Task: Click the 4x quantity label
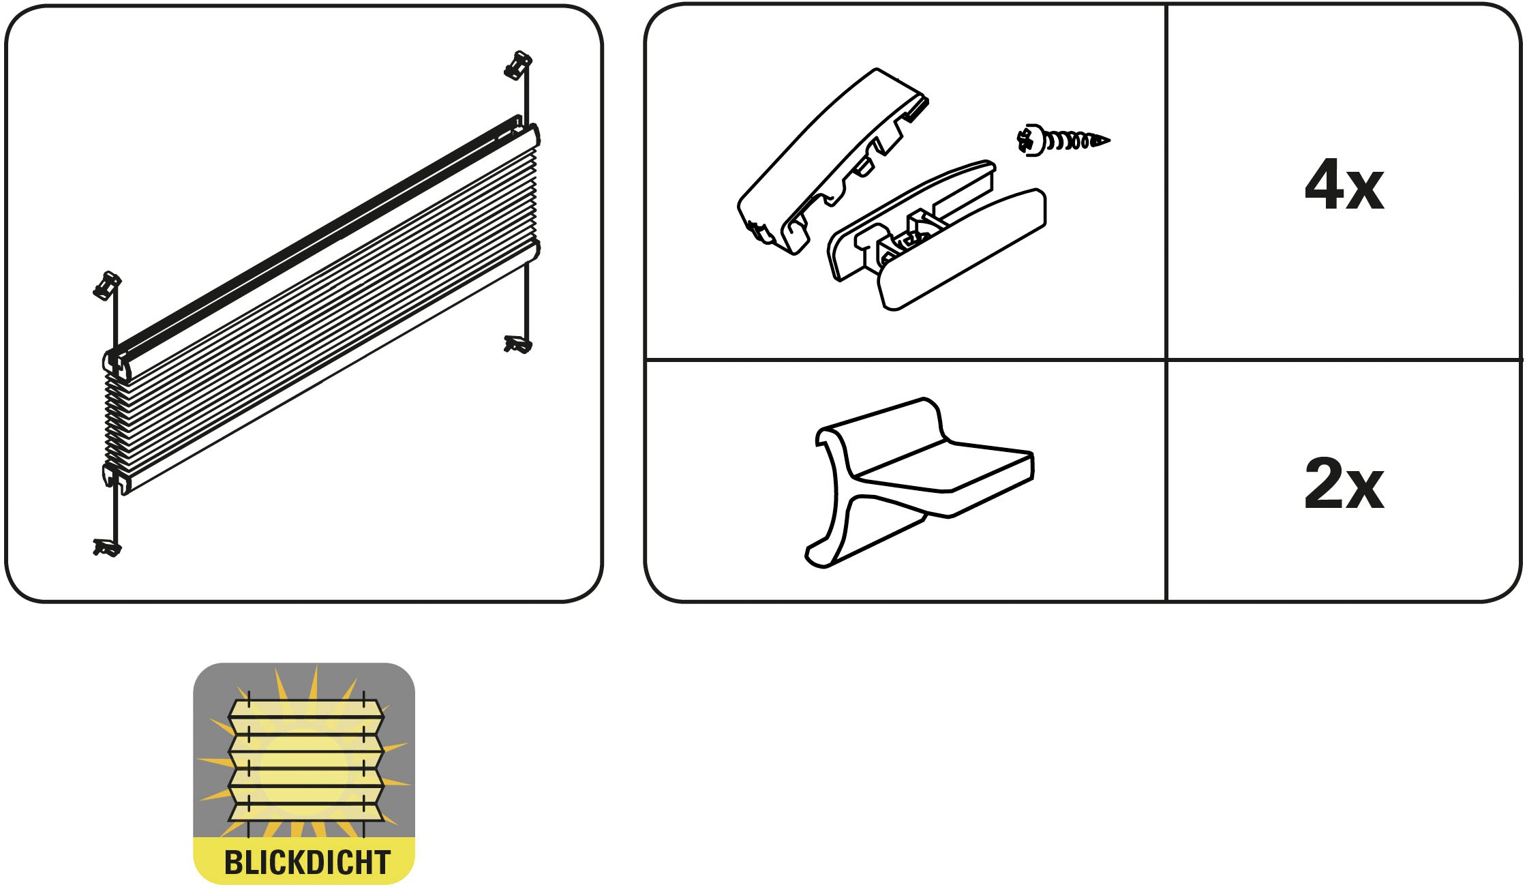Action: (1344, 185)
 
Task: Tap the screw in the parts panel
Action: (1063, 141)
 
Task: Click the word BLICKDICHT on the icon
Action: (307, 862)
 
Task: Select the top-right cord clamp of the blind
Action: (518, 65)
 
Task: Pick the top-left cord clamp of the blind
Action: (106, 286)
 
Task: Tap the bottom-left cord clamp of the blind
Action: (107, 547)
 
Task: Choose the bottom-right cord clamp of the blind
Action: (518, 344)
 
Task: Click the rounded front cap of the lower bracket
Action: (961, 250)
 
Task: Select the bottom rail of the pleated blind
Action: (327, 368)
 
